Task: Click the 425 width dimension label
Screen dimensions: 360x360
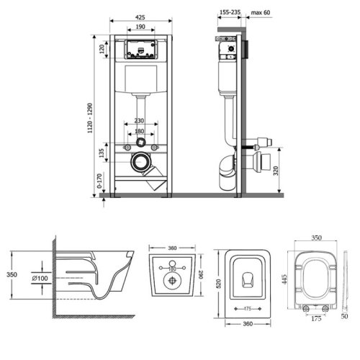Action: [x=140, y=17]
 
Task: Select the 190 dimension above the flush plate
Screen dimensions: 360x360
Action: [x=140, y=27]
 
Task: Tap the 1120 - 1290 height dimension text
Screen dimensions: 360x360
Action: [x=90, y=118]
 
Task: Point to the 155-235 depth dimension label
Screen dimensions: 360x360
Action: [x=230, y=12]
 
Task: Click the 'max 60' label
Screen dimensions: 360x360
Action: [x=261, y=12]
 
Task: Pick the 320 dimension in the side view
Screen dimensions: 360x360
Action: [x=276, y=171]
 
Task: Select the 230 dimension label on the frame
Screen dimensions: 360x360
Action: [x=139, y=120]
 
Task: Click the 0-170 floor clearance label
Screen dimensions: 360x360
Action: [x=99, y=181]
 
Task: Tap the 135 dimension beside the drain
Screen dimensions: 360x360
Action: [x=102, y=153]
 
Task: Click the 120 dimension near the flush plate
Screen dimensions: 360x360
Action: [x=102, y=49]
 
